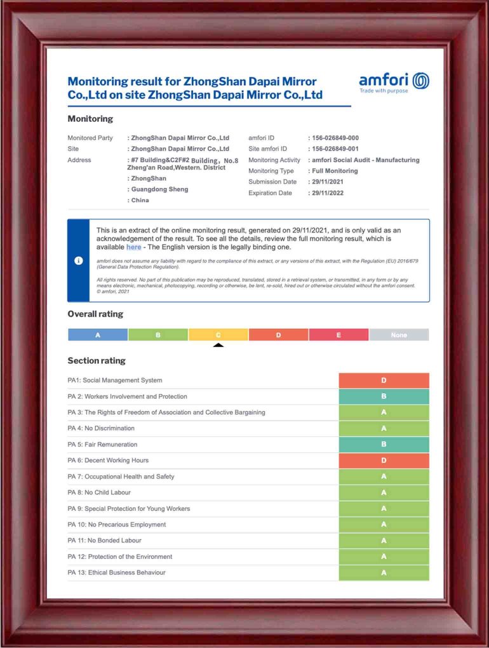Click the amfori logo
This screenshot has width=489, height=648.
pyautogui.click(x=394, y=81)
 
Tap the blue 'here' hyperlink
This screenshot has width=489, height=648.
pyautogui.click(x=133, y=247)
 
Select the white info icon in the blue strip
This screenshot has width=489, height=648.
pyautogui.click(x=79, y=260)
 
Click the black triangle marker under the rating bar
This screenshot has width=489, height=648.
pyautogui.click(x=218, y=346)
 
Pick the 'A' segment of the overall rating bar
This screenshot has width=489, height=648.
pyautogui.click(x=98, y=335)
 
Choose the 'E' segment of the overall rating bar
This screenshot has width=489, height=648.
pyautogui.click(x=338, y=335)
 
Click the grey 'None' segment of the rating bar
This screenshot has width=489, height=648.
pyautogui.click(x=399, y=335)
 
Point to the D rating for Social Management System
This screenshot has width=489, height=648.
pyautogui.click(x=384, y=381)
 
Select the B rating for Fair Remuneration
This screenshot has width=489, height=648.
pyautogui.click(x=384, y=445)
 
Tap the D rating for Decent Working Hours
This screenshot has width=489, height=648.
pyautogui.click(x=384, y=461)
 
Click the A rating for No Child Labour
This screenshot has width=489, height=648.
pyautogui.click(x=384, y=492)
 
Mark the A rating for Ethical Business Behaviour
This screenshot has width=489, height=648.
pyautogui.click(x=384, y=573)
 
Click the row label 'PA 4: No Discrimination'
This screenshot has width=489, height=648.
pyautogui.click(x=101, y=429)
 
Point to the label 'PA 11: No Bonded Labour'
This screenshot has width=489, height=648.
pyautogui.click(x=104, y=541)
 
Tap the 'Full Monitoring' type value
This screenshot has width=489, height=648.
pyautogui.click(x=335, y=171)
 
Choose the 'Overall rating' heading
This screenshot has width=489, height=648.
pyautogui.click(x=95, y=314)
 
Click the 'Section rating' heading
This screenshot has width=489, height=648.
pyautogui.click(x=97, y=361)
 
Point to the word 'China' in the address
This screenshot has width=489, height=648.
pyautogui.click(x=140, y=200)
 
